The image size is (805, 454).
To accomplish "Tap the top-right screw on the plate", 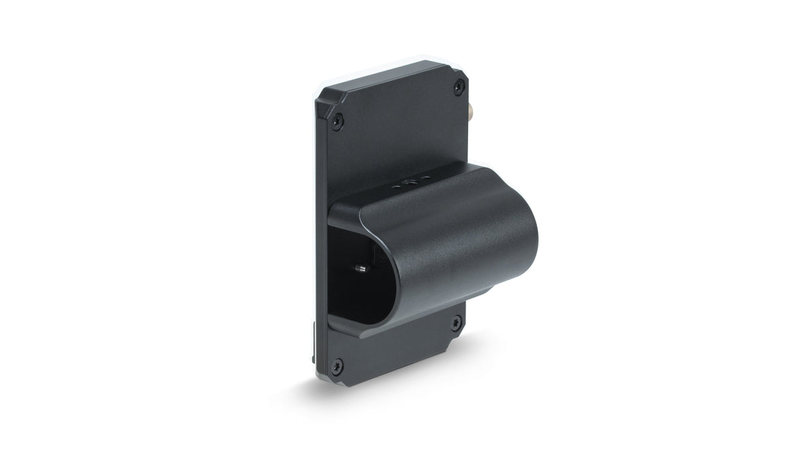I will pyautogui.click(x=458, y=87).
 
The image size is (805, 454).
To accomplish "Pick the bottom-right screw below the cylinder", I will pyautogui.click(x=456, y=323).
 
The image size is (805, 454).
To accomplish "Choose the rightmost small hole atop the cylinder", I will pyautogui.click(x=424, y=179).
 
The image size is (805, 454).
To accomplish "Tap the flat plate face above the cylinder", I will pyautogui.click(x=398, y=133).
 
